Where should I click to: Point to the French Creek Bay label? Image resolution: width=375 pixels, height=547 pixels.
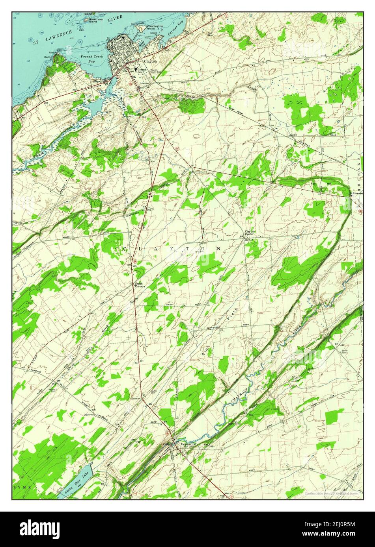[89, 59]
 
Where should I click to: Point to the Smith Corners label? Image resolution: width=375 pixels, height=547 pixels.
[140, 285]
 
